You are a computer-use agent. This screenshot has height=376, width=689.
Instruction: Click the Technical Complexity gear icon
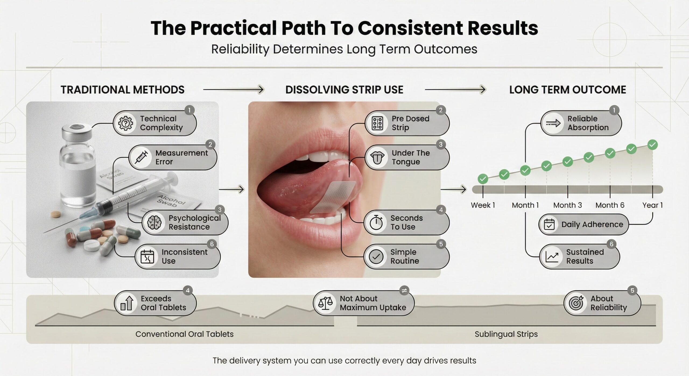click(x=125, y=123)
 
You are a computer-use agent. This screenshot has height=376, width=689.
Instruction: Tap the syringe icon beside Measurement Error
click(x=141, y=157)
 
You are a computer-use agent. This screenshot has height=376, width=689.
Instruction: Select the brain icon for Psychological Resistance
click(x=154, y=222)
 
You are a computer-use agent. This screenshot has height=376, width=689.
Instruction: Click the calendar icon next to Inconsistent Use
click(x=147, y=256)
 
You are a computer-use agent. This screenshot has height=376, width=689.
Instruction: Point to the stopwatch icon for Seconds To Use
click(x=376, y=222)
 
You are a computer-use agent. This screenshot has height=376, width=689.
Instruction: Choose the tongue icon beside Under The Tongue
click(x=377, y=158)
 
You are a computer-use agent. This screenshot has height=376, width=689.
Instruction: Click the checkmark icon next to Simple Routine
click(x=376, y=256)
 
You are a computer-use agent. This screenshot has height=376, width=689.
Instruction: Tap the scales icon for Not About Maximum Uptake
click(x=325, y=303)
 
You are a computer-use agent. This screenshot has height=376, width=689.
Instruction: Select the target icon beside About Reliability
click(x=576, y=303)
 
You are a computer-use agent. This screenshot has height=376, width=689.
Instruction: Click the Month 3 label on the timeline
click(x=567, y=205)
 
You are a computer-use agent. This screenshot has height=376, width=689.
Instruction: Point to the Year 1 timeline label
click(x=652, y=205)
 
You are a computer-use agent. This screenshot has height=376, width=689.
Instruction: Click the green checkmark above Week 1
click(x=483, y=179)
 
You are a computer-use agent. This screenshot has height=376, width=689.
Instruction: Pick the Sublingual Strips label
click(x=506, y=334)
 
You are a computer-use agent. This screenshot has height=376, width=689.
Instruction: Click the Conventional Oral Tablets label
click(x=184, y=334)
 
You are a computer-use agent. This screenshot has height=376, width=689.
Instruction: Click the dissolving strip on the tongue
click(x=333, y=197)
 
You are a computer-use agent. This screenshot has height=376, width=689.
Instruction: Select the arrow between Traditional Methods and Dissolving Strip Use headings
click(x=233, y=89)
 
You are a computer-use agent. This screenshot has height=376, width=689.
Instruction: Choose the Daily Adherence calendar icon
click(x=549, y=224)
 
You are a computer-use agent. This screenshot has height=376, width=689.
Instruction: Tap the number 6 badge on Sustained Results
click(x=611, y=244)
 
